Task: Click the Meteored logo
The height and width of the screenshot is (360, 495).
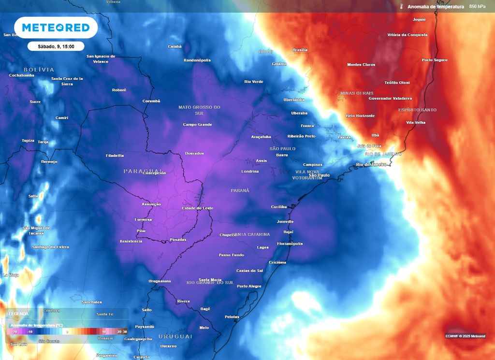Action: [56, 28]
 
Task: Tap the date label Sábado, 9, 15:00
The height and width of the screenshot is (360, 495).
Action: [56, 46]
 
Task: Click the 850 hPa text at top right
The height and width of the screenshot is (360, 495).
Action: [477, 7]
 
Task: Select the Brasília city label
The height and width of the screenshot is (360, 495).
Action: [300, 50]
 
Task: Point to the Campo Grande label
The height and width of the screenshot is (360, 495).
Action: [197, 124]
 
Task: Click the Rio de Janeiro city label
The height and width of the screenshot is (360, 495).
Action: [371, 164]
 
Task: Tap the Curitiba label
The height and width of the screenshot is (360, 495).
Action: [279, 207]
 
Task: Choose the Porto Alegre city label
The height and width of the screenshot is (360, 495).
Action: [249, 286]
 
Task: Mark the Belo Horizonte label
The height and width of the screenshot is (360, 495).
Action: [360, 116]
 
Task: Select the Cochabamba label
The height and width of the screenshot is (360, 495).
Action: [22, 75]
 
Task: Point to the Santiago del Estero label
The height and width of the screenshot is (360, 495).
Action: [50, 247]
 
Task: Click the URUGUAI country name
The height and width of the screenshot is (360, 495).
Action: [175, 336]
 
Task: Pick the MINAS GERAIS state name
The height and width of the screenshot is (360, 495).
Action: [357, 93]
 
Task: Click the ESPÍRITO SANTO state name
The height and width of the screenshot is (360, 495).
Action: [417, 110]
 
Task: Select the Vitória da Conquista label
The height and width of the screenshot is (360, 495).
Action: [408, 35]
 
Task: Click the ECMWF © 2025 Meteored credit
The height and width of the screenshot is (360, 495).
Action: [465, 336]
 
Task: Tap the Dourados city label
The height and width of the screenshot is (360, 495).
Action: [194, 153]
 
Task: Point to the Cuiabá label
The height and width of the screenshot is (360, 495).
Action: [175, 46]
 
